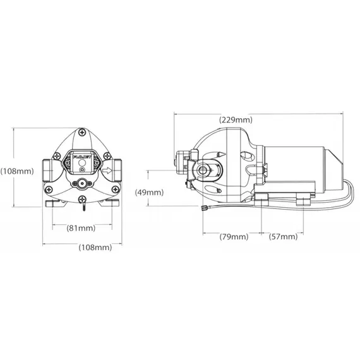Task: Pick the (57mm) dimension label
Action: coord(282,237)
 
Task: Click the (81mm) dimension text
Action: coord(81,227)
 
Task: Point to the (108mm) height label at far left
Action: coord(16,171)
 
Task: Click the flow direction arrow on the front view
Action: coord(107,169)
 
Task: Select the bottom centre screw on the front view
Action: coord(82,200)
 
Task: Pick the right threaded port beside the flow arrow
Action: coord(117,169)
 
